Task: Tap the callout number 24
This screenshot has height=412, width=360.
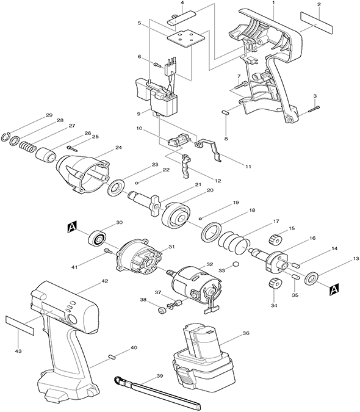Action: click(x=118, y=148)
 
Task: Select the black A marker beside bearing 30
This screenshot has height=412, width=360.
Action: click(x=72, y=227)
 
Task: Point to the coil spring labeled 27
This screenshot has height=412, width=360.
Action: click(x=27, y=146)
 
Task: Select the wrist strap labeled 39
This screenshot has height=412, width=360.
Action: click(x=157, y=393)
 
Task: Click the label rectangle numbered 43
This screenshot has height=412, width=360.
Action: click(x=20, y=325)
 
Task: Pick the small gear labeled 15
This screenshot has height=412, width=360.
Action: click(x=275, y=239)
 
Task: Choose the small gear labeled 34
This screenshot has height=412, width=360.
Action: click(x=275, y=284)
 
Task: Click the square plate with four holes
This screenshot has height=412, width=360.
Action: click(x=185, y=40)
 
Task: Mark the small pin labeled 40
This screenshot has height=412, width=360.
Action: click(x=112, y=357)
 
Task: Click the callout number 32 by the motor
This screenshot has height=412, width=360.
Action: click(x=203, y=264)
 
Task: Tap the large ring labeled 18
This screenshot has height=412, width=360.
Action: click(x=211, y=231)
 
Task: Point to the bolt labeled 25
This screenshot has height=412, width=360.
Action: click(x=73, y=148)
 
